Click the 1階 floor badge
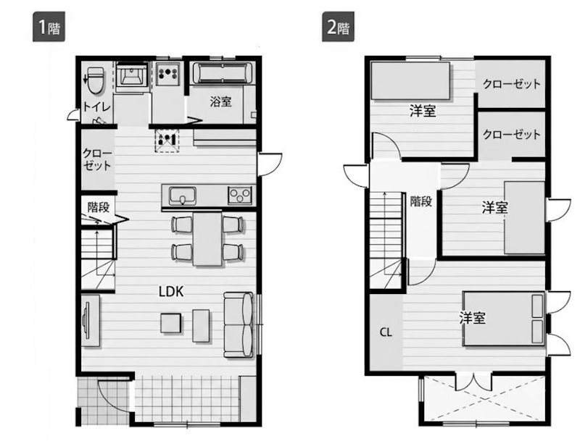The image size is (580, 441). point(49,27)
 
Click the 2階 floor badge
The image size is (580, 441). point(338,27)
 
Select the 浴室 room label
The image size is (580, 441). point(221,101)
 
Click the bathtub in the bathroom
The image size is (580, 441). point(223,72)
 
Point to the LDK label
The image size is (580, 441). point(171,292)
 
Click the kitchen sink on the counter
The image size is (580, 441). point(183,196)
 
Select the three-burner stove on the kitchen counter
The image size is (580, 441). point(240,195)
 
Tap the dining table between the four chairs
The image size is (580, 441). point(207,238)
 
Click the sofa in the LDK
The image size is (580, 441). point(239,325)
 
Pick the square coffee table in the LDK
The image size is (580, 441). point(171,323)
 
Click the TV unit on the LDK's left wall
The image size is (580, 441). point(90,320)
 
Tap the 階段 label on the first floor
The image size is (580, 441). point(99,207)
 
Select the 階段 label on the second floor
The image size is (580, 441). point(421,201)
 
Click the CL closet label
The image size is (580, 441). point(386,332)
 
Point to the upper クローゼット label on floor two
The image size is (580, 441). point(512,84)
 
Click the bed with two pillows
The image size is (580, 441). point(504,319)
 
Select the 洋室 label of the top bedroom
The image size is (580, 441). point(423,111)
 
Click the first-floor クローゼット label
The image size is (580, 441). point(97,159)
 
